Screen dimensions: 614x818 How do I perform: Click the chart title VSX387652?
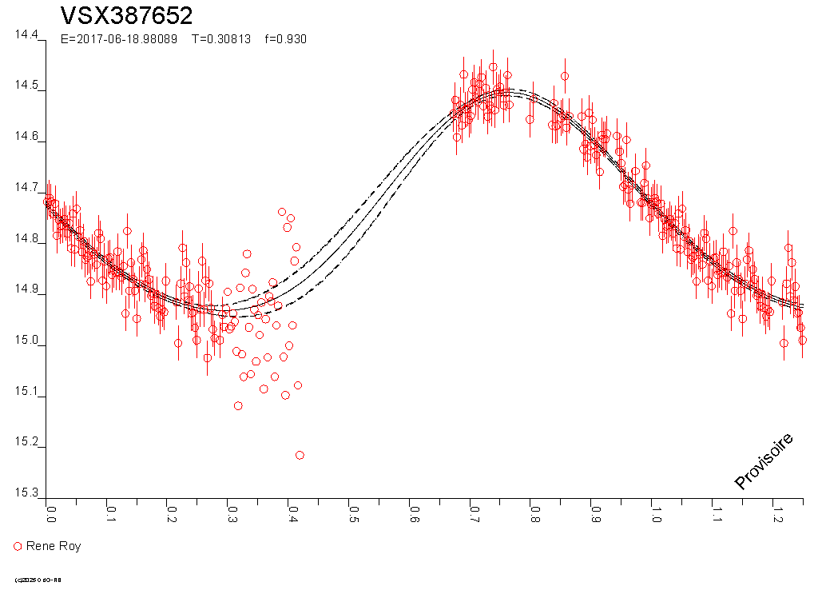[x=126, y=16]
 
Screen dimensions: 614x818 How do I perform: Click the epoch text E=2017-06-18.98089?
[x=119, y=39]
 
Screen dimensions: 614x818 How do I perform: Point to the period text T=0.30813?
[x=220, y=39]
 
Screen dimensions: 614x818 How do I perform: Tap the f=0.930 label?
[x=285, y=39]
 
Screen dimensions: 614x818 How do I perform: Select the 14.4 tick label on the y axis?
[x=26, y=35]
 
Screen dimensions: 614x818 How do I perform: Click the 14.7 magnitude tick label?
[x=26, y=188]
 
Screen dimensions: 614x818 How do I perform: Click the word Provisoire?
[x=764, y=461]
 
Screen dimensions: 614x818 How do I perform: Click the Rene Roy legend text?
[x=54, y=546]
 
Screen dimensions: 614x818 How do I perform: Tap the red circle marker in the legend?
[x=18, y=546]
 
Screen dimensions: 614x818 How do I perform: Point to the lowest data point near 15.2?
[x=300, y=455]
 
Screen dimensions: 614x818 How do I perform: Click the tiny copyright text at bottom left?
[x=38, y=580]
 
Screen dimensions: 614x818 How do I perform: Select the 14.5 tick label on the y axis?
[x=26, y=86]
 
